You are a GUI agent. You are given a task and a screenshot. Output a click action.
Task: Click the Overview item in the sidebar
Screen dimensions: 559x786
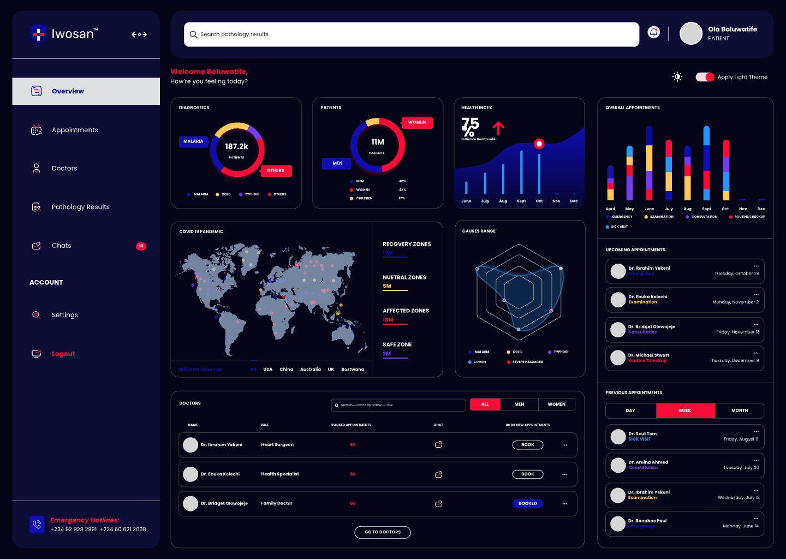tap(68, 91)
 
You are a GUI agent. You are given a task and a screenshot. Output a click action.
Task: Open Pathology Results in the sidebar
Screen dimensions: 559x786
tap(80, 207)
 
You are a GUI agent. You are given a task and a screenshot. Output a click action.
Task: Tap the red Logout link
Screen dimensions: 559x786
tap(63, 354)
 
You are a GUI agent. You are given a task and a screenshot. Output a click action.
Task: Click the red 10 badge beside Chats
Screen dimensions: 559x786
tap(141, 246)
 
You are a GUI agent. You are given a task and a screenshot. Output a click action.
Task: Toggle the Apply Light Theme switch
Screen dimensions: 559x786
tap(705, 77)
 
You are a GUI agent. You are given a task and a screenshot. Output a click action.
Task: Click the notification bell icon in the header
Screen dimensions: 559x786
tap(653, 33)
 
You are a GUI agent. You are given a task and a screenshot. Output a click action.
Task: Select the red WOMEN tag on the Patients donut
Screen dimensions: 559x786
tap(417, 122)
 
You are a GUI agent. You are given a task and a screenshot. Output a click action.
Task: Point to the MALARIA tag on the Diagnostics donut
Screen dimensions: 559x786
tap(193, 141)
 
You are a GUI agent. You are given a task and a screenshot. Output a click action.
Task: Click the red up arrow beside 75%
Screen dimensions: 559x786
tap(498, 128)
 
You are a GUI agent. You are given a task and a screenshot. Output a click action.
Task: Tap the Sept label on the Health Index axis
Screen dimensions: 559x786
tap(521, 201)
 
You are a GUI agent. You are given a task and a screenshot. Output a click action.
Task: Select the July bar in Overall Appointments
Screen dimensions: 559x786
tap(669, 170)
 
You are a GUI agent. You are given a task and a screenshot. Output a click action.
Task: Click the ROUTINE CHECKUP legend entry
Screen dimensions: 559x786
tap(749, 217)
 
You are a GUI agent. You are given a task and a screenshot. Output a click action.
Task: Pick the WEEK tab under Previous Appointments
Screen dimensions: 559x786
tap(685, 411)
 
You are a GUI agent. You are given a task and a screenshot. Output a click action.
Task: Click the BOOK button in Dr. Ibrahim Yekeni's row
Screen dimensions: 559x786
tap(527, 445)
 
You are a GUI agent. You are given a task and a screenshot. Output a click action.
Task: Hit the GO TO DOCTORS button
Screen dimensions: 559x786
tap(383, 532)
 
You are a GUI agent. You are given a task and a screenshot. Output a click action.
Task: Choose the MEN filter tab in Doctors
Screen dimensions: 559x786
tap(519, 405)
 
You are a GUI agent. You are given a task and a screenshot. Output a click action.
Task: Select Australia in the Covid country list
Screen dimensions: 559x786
tap(311, 370)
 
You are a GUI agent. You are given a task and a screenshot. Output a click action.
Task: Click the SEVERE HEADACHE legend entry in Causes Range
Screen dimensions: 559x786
tap(527, 362)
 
